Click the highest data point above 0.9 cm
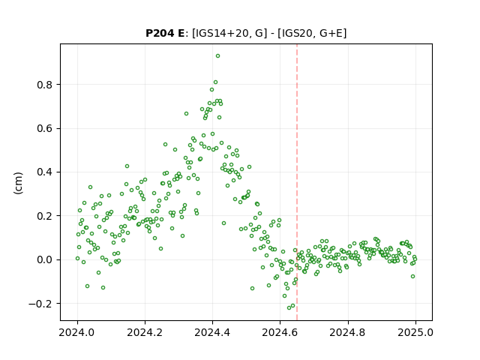217,56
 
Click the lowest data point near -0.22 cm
289,307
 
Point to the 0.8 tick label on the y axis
45,85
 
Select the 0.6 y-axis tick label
45,128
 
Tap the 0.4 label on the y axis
45,172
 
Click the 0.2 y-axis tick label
45,216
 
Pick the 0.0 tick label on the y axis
45,260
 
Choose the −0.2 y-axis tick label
40,304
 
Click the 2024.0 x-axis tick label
77,332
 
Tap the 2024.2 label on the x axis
145,332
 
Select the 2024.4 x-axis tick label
212,332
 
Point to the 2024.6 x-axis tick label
280,332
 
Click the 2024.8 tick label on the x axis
348,332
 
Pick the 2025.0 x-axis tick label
415,332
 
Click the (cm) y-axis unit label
18,183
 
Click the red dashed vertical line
297,182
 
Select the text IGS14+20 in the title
221,33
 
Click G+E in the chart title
331,33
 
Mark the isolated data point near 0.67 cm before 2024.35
186,113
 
